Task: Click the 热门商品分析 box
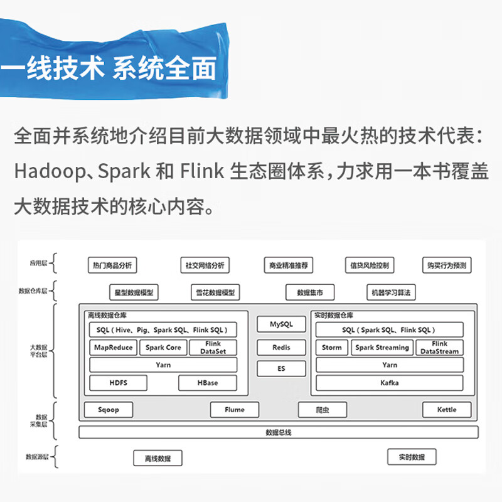[110, 265]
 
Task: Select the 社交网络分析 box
[204, 265]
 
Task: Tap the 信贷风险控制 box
[370, 265]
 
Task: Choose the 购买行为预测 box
[446, 265]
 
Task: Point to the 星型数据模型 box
[132, 292]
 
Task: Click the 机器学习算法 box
[391, 292]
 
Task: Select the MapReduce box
[113, 348]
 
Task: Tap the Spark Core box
[163, 348]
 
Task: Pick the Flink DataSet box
[213, 348]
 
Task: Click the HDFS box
[118, 383]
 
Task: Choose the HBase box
[207, 383]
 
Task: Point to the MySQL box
[281, 324]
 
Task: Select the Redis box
[281, 348]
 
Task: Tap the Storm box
[331, 348]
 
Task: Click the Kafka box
[389, 383]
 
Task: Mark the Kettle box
[447, 410]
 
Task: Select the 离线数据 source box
[158, 458]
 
